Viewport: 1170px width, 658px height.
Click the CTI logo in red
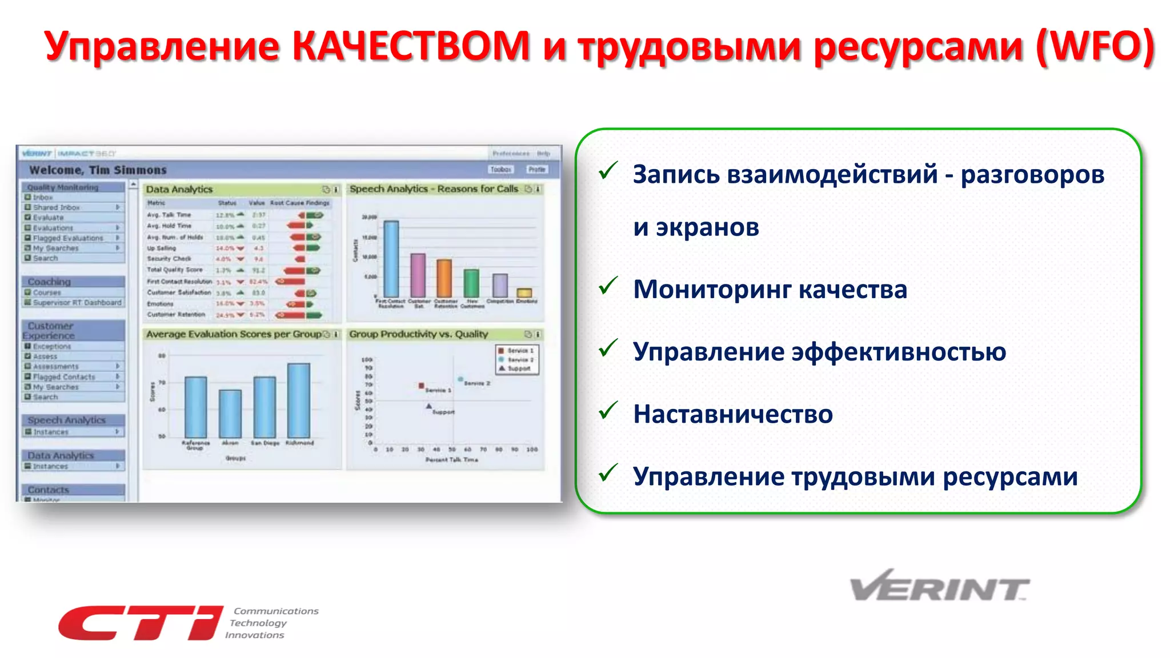pos(140,623)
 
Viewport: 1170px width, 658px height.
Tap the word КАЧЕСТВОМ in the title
pos(411,46)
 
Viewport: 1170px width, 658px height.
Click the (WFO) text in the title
pos(1095,46)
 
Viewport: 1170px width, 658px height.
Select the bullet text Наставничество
pos(732,414)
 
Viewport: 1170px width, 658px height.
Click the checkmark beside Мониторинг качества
pos(608,286)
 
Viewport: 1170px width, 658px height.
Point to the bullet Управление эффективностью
pos(819,352)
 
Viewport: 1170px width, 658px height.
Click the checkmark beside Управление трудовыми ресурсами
pos(608,472)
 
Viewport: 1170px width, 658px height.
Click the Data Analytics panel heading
pos(179,190)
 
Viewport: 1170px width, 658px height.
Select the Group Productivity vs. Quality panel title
pos(419,334)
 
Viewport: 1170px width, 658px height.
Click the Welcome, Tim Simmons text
pos(98,170)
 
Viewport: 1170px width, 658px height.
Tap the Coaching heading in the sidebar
pos(50,282)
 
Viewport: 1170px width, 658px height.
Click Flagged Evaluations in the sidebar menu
pos(68,238)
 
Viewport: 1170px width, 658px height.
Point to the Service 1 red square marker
pos(421,386)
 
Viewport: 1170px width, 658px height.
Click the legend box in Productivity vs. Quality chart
pos(517,360)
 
